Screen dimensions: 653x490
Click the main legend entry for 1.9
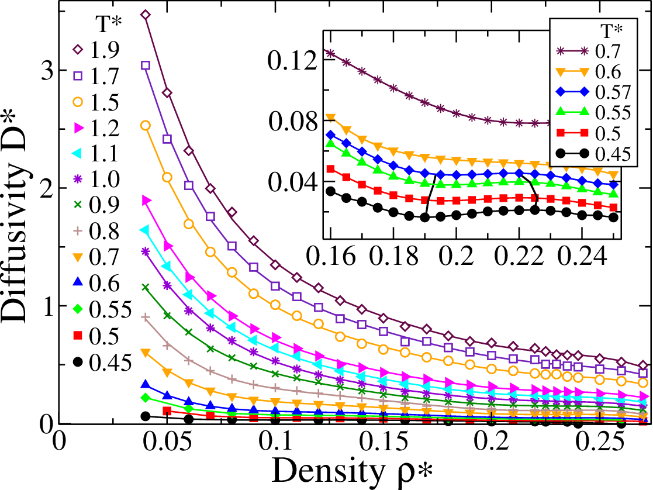[96, 50]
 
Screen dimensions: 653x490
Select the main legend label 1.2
[96, 128]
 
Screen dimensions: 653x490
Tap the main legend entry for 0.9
[96, 205]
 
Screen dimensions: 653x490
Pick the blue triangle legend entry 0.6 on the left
[96, 283]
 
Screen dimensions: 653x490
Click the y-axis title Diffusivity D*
[15, 234]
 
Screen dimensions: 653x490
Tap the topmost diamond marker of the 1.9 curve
[146, 15]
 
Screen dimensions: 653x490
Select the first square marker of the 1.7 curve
[146, 65]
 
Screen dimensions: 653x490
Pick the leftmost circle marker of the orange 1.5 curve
[146, 125]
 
